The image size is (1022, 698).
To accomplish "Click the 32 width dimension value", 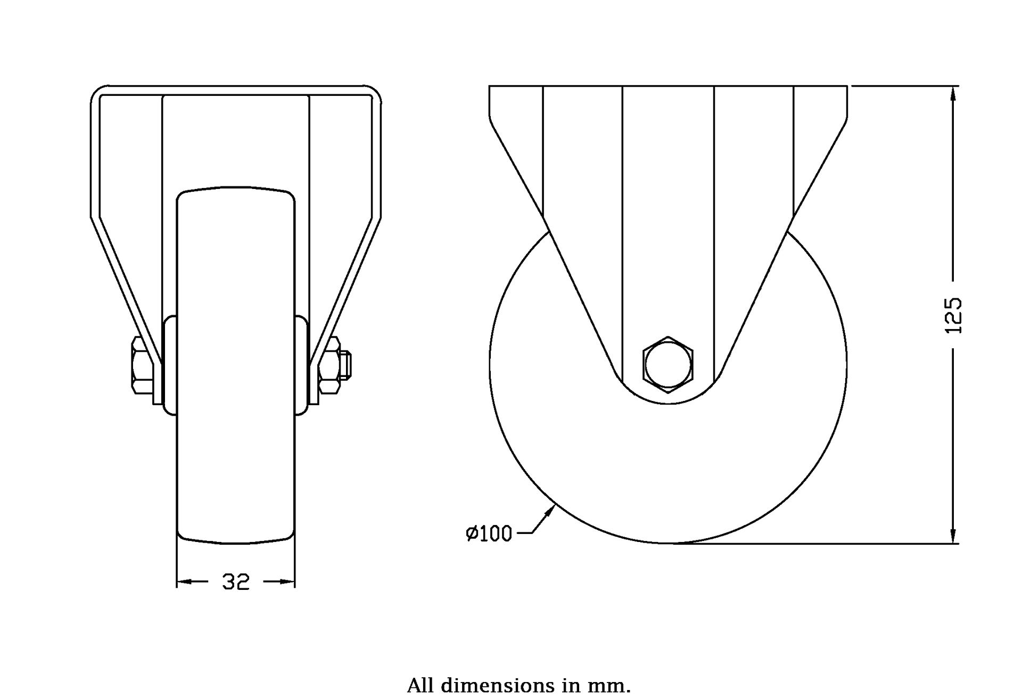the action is click(236, 582).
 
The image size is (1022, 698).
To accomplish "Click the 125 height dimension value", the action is click(953, 316).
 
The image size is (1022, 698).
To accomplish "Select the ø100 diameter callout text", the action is click(489, 533).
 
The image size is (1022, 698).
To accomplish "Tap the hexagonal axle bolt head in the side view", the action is click(668, 365).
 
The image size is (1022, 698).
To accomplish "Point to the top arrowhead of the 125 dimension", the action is click(953, 94).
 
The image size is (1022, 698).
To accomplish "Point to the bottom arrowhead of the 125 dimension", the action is click(953, 535).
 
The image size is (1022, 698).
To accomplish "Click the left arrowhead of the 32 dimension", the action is click(184, 582).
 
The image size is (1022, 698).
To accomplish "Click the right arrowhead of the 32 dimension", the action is click(287, 582).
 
